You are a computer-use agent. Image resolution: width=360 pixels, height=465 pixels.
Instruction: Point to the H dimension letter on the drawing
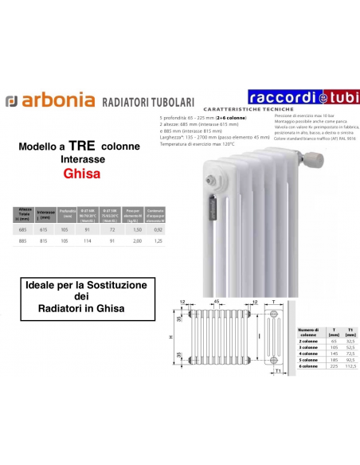(x=170, y=338)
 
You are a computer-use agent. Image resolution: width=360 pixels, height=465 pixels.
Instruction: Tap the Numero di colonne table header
(x=307, y=332)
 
